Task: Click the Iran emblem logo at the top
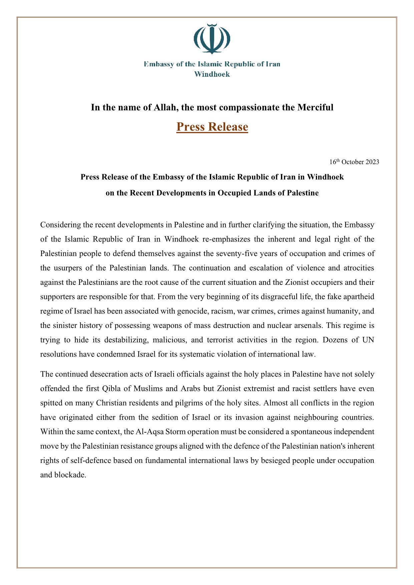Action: [x=212, y=39]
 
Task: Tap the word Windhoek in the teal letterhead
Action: [x=212, y=74]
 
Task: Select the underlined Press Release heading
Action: [x=212, y=127]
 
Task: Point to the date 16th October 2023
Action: [x=354, y=162]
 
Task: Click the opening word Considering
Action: [x=60, y=225]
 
